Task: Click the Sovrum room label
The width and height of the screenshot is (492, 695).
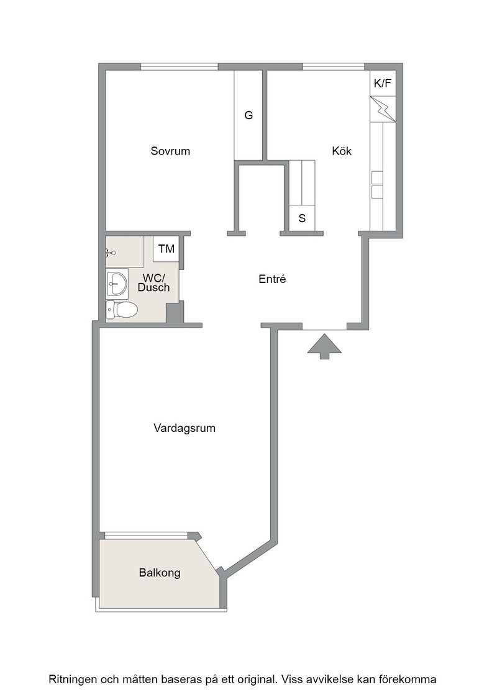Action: [x=170, y=151]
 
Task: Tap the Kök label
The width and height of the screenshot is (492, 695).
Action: [x=342, y=151]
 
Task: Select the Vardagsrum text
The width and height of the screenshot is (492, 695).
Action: [x=184, y=429]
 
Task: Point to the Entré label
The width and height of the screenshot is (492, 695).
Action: [x=272, y=279]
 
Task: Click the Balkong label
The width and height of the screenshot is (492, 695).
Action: [x=160, y=573]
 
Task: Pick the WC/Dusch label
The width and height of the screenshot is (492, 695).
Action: [x=153, y=283]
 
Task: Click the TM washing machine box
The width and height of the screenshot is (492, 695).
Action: [x=166, y=249]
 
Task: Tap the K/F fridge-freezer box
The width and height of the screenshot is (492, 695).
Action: [x=383, y=83]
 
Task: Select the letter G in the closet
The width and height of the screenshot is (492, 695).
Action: [x=248, y=115]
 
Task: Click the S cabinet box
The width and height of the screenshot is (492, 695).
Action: [x=302, y=218]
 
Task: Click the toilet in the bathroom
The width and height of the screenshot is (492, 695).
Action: [x=122, y=310]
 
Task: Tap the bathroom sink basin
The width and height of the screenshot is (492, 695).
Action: [x=117, y=282]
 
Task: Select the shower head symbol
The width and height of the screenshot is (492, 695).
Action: [x=111, y=253]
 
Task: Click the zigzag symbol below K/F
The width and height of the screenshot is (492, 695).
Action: [x=383, y=109]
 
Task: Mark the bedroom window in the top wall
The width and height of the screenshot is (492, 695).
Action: [x=180, y=67]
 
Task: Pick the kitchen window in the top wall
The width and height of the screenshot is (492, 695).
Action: [x=334, y=67]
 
